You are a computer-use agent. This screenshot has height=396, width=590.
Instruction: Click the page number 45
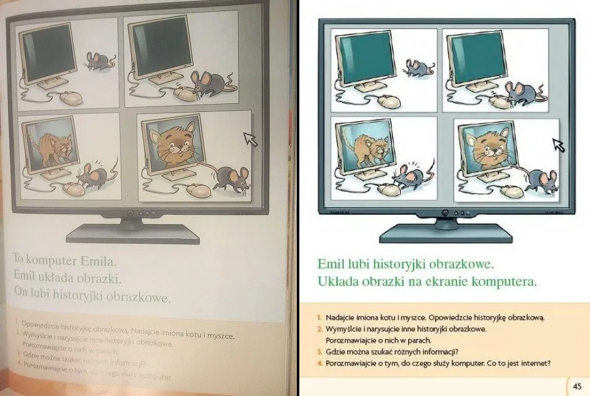(x=576, y=386)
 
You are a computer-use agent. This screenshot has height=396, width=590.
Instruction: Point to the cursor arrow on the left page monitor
(x=250, y=139)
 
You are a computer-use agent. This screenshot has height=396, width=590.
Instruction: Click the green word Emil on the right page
(x=330, y=264)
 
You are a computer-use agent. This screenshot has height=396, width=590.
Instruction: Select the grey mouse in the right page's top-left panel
(x=414, y=67)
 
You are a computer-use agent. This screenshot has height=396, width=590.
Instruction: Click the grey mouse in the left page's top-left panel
(x=99, y=60)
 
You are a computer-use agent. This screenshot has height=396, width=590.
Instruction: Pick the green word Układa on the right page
(x=338, y=282)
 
